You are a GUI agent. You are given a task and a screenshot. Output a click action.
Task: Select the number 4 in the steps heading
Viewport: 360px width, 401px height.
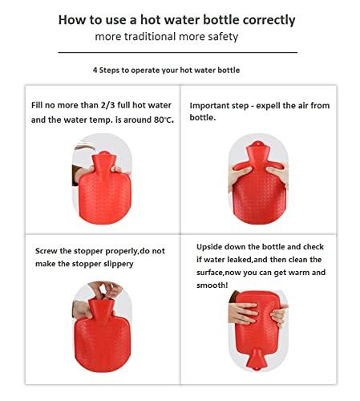pyautogui.click(x=95, y=70)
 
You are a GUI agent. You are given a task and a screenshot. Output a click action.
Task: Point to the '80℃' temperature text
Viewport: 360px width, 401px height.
pyautogui.click(x=163, y=119)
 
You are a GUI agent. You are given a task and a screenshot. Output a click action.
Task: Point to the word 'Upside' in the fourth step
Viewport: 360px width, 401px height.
pyautogui.click(x=213, y=246)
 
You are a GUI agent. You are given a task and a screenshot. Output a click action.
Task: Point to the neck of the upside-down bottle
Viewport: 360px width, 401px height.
pyautogui.click(x=259, y=365)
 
